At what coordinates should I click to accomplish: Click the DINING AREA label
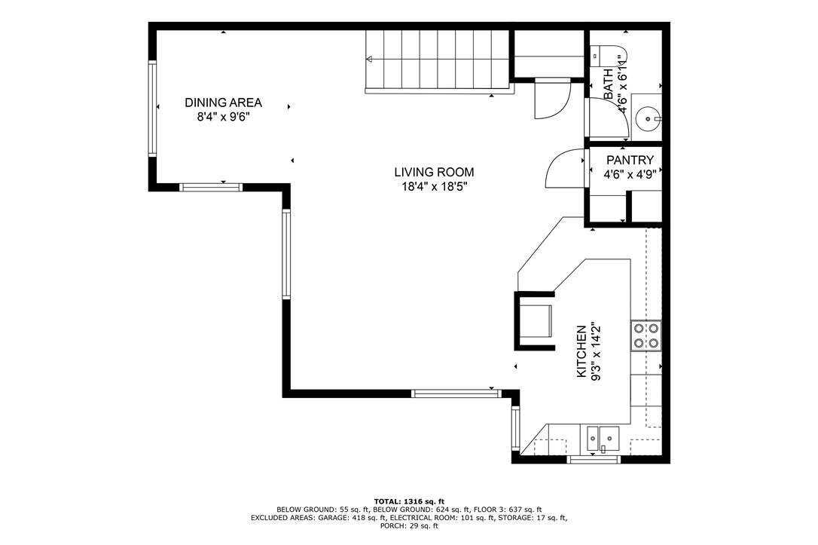(224, 103)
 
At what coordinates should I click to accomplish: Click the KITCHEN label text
(581, 351)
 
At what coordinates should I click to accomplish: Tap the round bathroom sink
(647, 118)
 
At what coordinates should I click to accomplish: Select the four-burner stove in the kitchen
(646, 335)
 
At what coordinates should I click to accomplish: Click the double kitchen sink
(603, 437)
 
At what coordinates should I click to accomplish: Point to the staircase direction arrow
(370, 59)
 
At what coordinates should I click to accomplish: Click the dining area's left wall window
(153, 109)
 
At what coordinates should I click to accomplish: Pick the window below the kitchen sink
(594, 458)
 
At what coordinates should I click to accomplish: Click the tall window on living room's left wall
(286, 254)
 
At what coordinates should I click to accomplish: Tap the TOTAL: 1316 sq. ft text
(409, 501)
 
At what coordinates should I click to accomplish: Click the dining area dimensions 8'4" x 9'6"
(224, 117)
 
